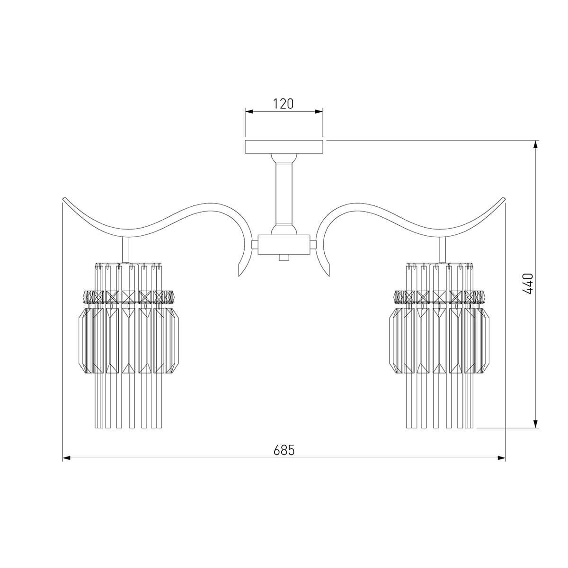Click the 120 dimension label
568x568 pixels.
point(283,104)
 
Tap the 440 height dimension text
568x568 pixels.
point(528,284)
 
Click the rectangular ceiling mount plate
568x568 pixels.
point(284,147)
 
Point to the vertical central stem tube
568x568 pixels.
point(284,194)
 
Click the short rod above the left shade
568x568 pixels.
point(125,250)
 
